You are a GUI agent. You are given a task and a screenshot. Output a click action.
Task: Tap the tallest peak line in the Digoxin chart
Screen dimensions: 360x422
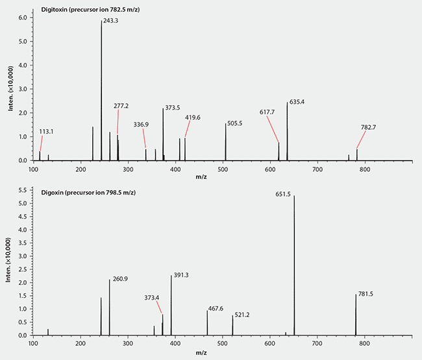294,259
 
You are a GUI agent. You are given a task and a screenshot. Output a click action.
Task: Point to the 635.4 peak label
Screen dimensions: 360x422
297,102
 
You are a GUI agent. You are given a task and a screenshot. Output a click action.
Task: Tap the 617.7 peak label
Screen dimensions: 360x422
267,112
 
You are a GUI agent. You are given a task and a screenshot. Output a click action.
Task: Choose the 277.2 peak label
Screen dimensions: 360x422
121,105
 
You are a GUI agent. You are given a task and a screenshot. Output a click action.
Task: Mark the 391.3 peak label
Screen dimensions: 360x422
181,275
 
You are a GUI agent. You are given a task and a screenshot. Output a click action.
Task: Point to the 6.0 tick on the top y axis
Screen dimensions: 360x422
24,18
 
